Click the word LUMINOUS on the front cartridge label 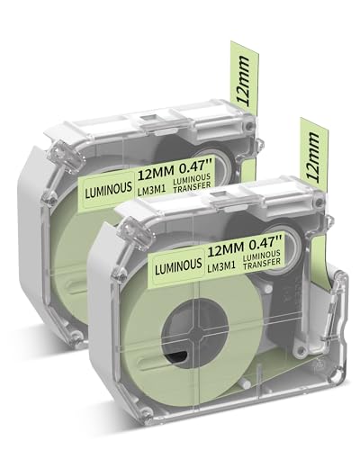pos(178,265)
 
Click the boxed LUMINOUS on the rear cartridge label pos(109,186)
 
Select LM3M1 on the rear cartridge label pos(152,188)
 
